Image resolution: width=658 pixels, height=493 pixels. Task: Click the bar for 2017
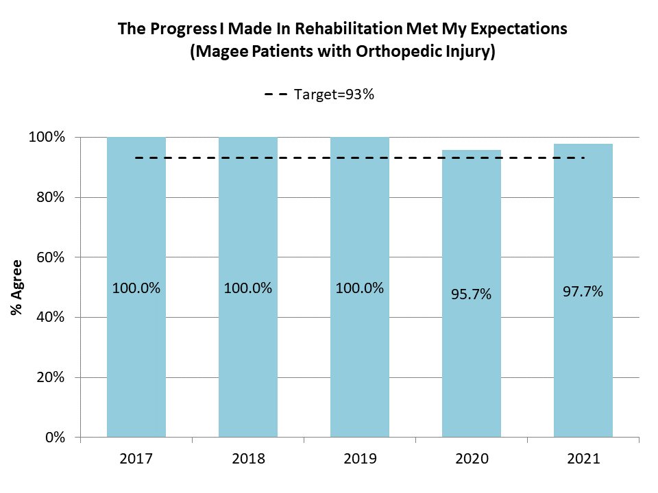pos(136,356)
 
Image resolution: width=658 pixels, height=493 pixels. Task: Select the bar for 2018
pos(248,356)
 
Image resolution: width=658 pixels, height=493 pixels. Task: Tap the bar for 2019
pos(360,356)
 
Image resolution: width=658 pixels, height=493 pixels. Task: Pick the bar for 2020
pos(472,363)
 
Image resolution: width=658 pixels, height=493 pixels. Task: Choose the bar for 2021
pos(583,363)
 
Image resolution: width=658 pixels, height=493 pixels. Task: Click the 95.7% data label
pos(472,294)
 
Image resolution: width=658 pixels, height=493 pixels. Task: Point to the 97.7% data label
pos(583,292)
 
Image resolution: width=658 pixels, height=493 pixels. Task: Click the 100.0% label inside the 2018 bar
pos(248,288)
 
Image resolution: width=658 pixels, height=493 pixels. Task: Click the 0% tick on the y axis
pos(54,437)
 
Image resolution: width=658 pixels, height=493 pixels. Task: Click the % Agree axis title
pos(16,287)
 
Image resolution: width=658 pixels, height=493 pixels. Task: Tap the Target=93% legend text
pos(334,95)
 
